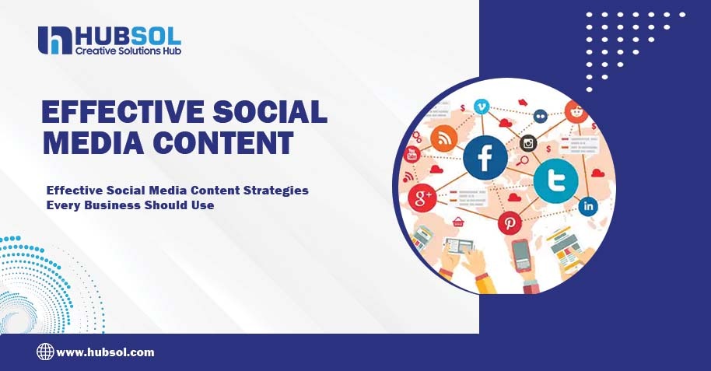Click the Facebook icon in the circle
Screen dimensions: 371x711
(485, 159)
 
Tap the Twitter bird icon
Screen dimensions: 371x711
(555, 181)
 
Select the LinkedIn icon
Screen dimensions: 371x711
(589, 207)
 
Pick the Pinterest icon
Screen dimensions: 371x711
(511, 223)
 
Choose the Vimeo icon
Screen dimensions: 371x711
(483, 107)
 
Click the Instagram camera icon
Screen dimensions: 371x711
(529, 142)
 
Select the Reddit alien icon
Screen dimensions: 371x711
(576, 111)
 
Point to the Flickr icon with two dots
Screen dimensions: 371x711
(541, 116)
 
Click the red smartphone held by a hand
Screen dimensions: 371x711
(520, 255)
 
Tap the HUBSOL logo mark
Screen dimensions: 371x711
(54, 40)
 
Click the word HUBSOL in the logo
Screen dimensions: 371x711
(128, 34)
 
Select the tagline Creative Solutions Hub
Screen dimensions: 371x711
(128, 51)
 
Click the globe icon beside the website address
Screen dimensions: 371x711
(45, 352)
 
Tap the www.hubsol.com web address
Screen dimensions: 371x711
(106, 352)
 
